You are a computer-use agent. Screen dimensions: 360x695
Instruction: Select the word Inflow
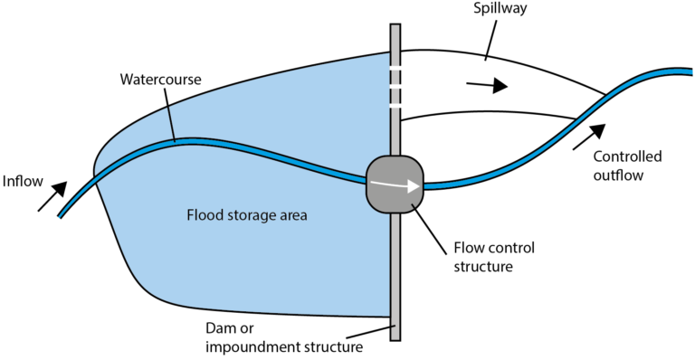point(22,182)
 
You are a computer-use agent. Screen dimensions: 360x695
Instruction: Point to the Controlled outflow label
point(627,166)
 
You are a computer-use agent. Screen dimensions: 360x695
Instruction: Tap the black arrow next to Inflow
point(52,196)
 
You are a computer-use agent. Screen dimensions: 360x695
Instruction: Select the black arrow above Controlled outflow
point(585,136)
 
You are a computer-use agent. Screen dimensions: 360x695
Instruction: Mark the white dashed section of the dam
point(395,86)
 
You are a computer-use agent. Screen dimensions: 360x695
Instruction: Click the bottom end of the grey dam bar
point(395,336)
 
